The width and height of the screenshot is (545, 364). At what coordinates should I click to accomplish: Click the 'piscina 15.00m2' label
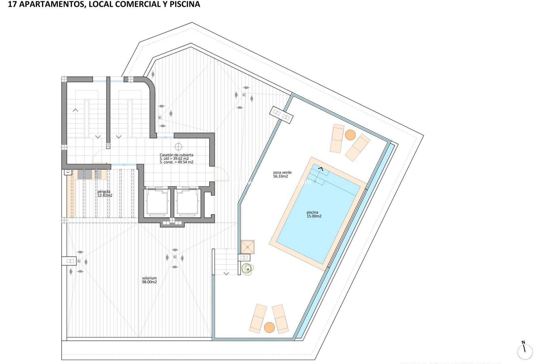pos(314,214)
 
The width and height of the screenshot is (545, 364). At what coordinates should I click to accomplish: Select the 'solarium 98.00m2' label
pos(149,280)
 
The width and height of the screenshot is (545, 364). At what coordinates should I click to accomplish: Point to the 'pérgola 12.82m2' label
pos(104,193)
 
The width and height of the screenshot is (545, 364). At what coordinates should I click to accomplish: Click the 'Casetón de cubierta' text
pos(176,155)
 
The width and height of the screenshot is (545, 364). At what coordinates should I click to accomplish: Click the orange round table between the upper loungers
pos(350,135)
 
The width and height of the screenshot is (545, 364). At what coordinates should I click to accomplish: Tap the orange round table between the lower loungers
pos(269,327)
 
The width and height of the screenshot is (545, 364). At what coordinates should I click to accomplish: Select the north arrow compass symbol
pos(525,351)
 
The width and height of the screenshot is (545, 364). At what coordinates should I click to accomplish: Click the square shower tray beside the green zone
pos(248,247)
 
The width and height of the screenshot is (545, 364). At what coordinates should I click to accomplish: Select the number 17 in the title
pos(12,4)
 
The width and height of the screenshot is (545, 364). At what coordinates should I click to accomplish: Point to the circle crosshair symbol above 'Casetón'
pos(178,147)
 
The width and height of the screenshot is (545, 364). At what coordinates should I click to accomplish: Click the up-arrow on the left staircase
pos(76,110)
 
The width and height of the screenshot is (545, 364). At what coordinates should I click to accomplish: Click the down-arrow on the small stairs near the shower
pos(226,274)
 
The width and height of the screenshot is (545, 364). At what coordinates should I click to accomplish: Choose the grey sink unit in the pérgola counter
pos(85,174)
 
